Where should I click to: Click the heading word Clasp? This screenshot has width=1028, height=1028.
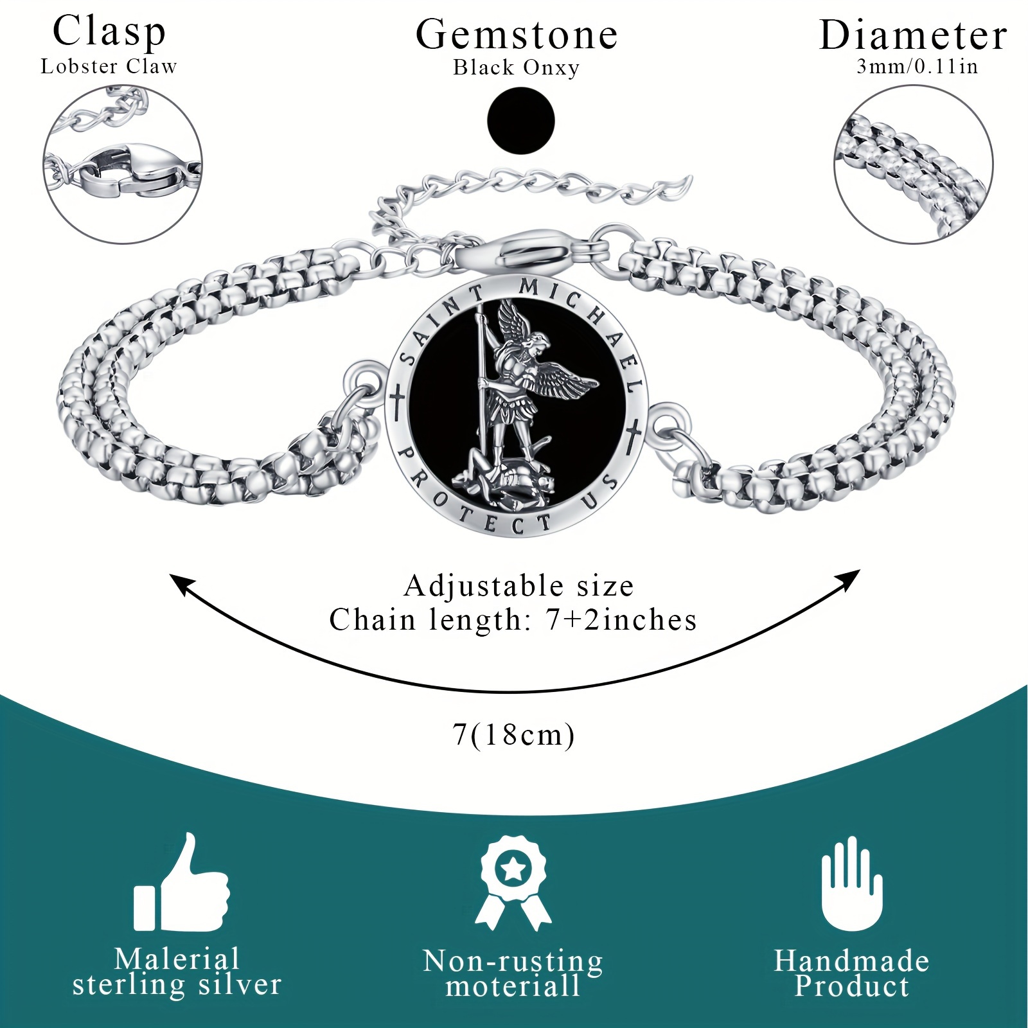(109, 32)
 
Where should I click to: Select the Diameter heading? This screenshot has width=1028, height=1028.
(913, 35)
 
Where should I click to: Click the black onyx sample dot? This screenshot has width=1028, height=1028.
(521, 120)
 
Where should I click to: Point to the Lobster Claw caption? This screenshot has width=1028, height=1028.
(109, 66)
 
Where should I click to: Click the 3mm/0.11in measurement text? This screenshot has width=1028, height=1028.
(917, 66)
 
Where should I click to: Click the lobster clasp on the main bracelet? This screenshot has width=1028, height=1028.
(530, 251)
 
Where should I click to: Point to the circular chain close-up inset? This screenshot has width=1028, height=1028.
(913, 165)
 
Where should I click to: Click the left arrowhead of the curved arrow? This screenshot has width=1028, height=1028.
(182, 585)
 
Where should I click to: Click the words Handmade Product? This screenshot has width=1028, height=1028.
(852, 973)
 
